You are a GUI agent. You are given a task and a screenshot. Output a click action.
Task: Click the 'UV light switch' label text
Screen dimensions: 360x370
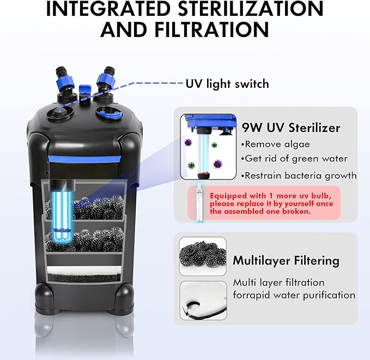[227, 83]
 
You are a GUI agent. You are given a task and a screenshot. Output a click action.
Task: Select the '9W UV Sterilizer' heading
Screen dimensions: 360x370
[291, 128]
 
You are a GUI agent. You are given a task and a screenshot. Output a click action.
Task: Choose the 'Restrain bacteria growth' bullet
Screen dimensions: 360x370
[300, 176]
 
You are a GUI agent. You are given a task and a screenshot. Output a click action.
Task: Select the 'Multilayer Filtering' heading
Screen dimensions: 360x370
[286, 260]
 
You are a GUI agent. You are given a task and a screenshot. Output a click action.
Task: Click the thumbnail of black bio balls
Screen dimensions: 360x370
[202, 255]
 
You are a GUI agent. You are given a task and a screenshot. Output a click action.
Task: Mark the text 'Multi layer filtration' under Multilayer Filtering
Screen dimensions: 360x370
[278, 283]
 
